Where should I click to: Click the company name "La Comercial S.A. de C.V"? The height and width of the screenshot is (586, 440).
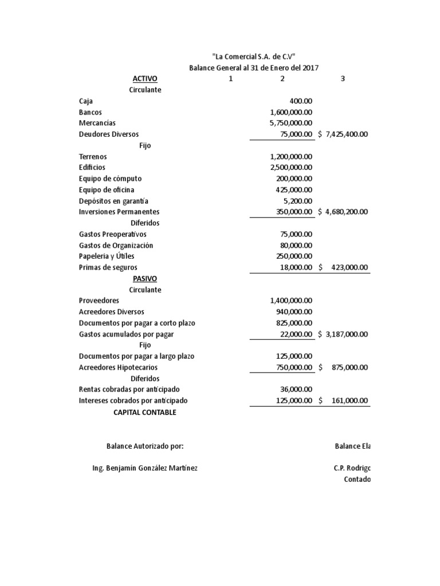click(254, 57)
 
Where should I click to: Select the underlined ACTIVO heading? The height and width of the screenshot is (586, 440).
click(145, 79)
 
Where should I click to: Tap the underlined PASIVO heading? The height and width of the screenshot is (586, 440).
click(145, 279)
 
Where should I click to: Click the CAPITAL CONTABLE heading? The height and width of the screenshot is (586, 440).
click(145, 412)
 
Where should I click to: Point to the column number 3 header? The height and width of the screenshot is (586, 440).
click(343, 79)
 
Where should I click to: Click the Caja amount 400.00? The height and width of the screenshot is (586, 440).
click(301, 101)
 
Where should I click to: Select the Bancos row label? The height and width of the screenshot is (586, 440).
click(91, 112)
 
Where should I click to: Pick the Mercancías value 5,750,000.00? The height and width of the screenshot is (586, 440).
click(290, 123)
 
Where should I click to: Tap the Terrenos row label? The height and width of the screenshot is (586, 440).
click(93, 156)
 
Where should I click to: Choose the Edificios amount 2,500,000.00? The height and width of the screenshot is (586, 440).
click(290, 168)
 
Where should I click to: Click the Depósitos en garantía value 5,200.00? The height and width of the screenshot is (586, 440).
click(298, 201)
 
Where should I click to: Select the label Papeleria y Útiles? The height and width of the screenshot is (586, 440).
click(107, 256)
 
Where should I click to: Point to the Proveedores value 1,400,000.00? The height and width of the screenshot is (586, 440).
click(290, 300)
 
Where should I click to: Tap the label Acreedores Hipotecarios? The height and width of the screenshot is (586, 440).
click(118, 367)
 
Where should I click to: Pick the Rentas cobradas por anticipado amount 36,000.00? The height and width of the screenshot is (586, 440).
click(296, 390)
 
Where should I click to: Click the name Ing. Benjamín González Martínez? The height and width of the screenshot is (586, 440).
click(145, 468)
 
